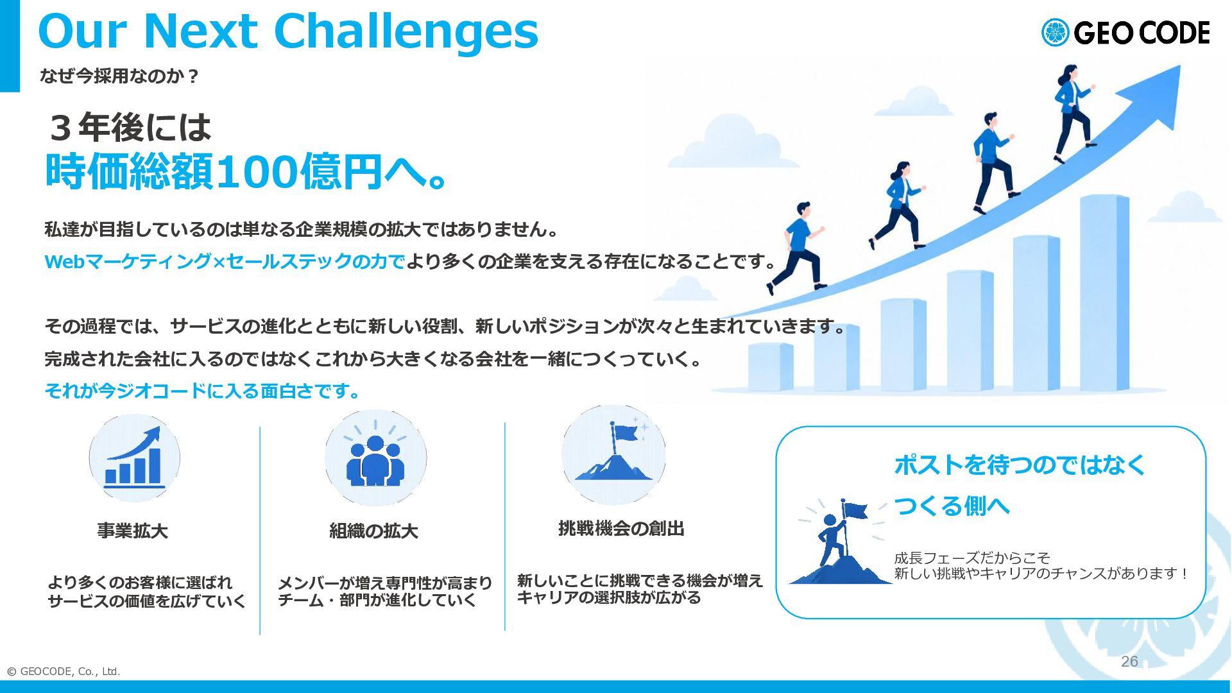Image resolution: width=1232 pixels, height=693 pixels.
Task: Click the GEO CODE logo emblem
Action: click(x=1055, y=33)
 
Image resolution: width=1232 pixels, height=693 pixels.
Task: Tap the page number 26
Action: click(x=1129, y=662)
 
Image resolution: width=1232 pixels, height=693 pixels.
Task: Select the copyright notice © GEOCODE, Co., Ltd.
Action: click(x=63, y=671)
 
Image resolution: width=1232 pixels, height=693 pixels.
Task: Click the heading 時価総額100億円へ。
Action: click(x=246, y=171)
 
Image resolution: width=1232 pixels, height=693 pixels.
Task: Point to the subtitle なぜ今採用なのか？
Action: click(x=119, y=76)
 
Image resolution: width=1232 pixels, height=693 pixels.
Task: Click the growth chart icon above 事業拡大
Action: click(x=134, y=458)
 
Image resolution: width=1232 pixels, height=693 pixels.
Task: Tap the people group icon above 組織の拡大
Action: click(x=375, y=458)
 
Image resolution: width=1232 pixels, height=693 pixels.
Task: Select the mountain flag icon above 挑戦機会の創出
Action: click(x=613, y=454)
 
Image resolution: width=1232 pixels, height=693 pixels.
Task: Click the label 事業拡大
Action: click(x=133, y=531)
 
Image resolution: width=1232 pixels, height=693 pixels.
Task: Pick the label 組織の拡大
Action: click(x=373, y=531)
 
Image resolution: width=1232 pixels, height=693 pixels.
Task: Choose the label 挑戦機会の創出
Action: click(x=621, y=528)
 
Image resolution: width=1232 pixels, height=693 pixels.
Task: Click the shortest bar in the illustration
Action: click(x=771, y=367)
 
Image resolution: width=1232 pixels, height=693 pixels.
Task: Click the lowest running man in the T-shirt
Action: click(x=798, y=247)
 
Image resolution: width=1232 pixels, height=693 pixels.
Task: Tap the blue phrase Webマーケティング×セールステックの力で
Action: click(x=225, y=261)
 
